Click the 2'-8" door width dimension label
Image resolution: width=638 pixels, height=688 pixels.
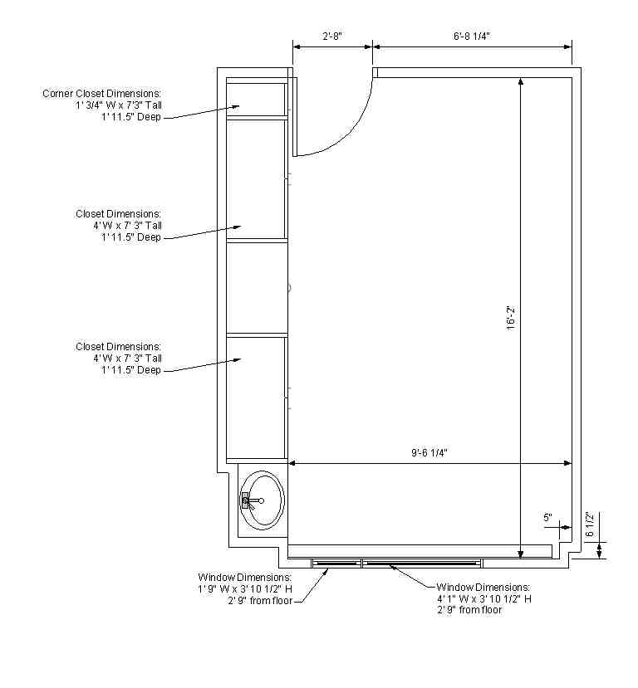[x=332, y=36]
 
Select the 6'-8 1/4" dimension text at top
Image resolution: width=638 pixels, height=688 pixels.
[x=472, y=36]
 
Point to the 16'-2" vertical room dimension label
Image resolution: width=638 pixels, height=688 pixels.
[x=511, y=318]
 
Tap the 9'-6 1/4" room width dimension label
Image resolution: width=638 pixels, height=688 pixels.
[x=429, y=453]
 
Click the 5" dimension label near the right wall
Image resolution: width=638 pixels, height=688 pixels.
[x=547, y=518]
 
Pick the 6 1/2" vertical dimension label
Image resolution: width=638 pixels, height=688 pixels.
[x=590, y=524]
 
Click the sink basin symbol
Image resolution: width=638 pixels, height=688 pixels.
[x=263, y=500]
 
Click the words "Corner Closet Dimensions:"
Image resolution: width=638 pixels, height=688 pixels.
[x=101, y=94]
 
